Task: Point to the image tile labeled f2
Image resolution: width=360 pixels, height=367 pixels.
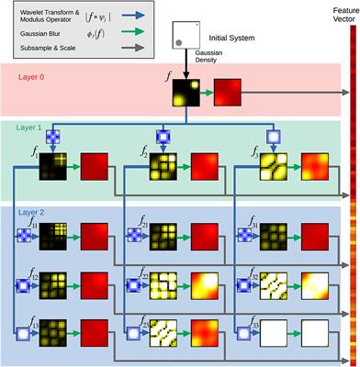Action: pos(165,169)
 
